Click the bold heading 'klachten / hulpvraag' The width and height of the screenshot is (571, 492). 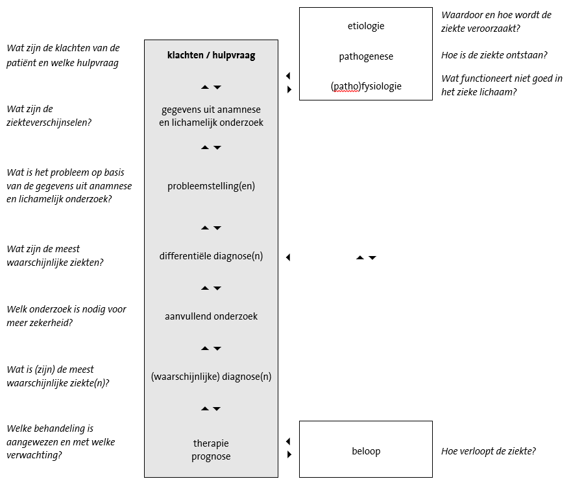click(x=212, y=55)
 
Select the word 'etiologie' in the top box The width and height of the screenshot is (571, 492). click(x=366, y=26)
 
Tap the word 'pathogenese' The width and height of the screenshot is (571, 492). click(x=366, y=56)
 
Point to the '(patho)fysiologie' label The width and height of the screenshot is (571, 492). click(x=366, y=86)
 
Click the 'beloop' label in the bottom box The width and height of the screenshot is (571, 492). click(x=366, y=451)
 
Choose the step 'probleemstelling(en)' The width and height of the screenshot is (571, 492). click(x=212, y=186)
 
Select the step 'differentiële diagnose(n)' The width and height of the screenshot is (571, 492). click(x=212, y=256)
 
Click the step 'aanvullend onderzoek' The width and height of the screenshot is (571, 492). click(x=212, y=316)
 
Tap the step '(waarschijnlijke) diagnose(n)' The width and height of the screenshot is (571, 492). click(x=212, y=377)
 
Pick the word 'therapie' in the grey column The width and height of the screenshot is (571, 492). click(x=212, y=443)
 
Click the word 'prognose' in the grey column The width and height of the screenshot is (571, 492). click(x=212, y=456)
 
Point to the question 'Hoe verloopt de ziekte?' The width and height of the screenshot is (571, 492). click(x=489, y=451)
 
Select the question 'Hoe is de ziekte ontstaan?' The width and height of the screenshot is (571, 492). click(x=494, y=55)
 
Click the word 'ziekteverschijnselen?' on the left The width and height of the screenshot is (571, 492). click(x=49, y=123)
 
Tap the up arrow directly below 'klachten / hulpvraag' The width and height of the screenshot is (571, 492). click(x=205, y=88)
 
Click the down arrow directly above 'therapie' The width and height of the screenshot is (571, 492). click(x=217, y=409)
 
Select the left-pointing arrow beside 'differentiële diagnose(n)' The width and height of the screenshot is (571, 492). click(x=288, y=257)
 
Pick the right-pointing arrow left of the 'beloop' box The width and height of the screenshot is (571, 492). click(x=289, y=454)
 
